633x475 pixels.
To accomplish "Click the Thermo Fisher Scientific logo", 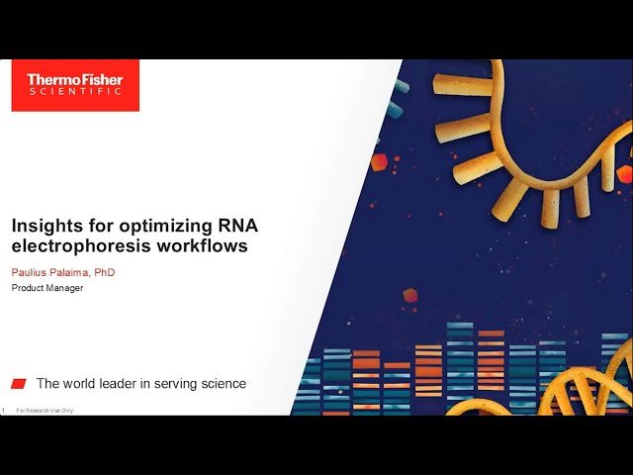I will (75, 85).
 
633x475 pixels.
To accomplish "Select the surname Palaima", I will (79, 272).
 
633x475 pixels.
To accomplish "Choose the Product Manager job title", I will (47, 289).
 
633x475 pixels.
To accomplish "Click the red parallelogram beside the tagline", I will (19, 384).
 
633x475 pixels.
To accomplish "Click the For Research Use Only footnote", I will (45, 411).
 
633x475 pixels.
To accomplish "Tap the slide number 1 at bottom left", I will (4, 411).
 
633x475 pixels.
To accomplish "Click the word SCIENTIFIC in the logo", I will (75, 92).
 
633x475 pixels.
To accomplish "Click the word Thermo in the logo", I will (50, 79).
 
